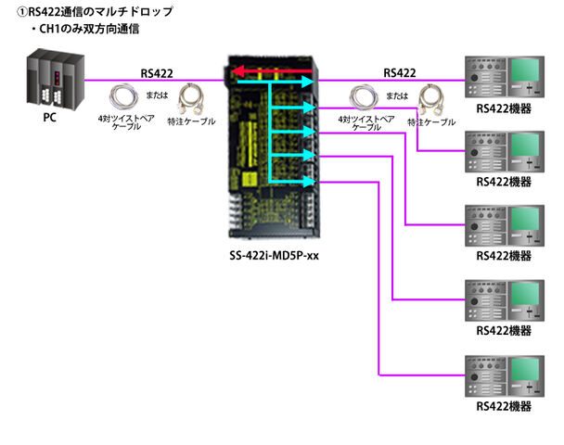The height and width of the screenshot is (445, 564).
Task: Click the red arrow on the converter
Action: point(269,71)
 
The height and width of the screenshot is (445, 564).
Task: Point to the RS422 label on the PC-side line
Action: point(156,71)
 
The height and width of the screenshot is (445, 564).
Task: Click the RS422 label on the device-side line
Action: point(399,71)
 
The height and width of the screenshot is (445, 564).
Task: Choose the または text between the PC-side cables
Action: point(156,94)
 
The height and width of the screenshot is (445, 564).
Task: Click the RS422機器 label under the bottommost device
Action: point(504,406)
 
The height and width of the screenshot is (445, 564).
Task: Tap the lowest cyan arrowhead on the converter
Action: point(311,182)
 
